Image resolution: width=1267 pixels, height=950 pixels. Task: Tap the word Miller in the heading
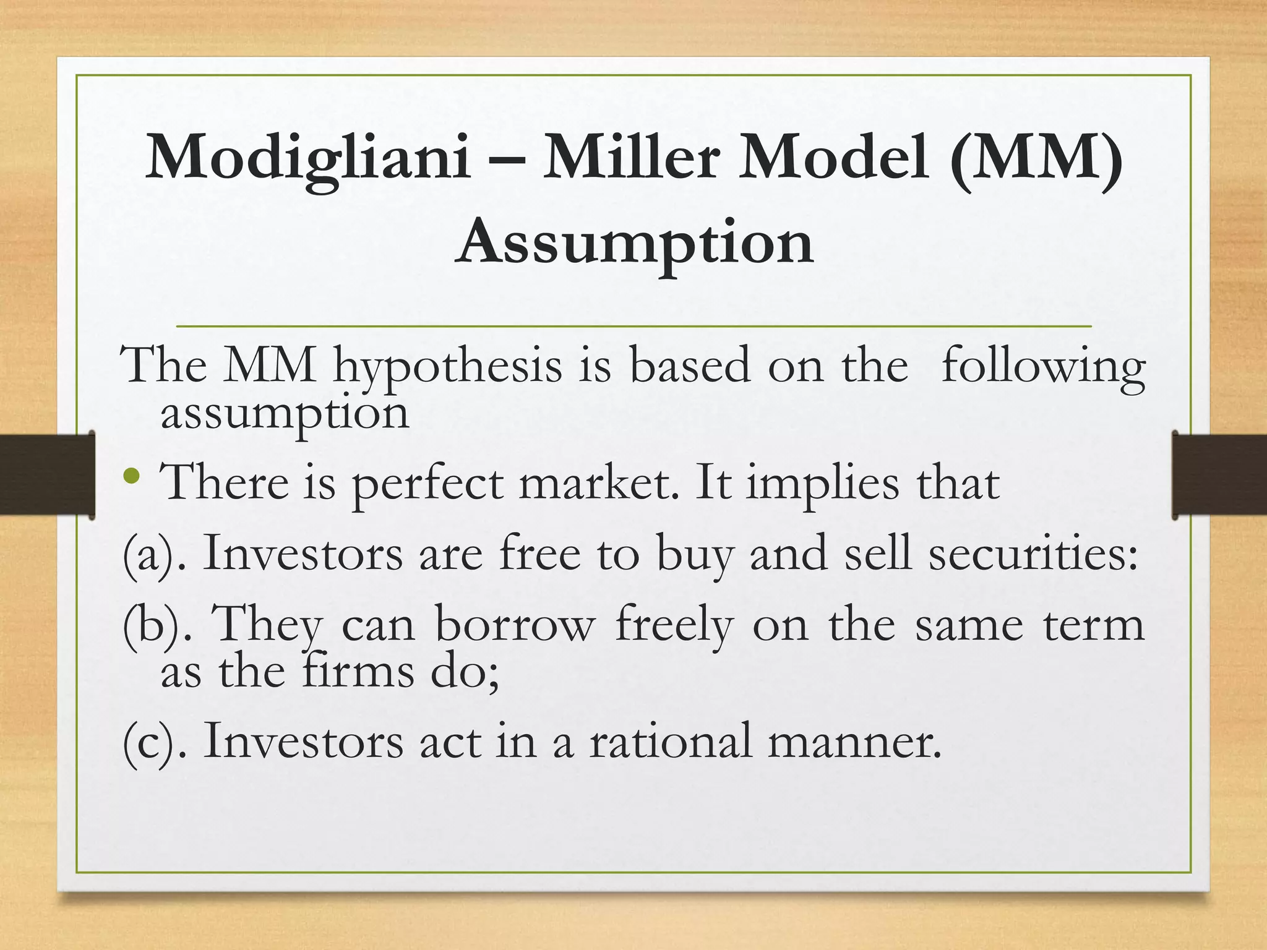tap(630, 157)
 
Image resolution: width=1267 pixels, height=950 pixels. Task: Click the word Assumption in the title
tap(634, 242)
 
